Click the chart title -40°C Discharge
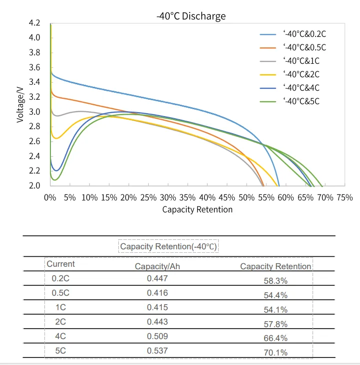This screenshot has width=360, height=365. (191, 16)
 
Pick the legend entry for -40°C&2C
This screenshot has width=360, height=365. (301, 75)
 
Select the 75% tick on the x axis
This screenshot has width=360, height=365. (345, 197)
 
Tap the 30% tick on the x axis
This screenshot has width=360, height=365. (168, 197)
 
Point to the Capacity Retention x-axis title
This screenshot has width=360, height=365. (197, 209)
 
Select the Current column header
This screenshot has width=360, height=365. (60, 264)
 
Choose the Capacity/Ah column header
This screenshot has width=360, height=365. (157, 266)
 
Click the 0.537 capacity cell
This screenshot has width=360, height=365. (157, 351)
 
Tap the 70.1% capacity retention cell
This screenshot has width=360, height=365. (276, 353)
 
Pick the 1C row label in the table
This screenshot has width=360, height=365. (60, 307)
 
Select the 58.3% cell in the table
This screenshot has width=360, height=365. (276, 281)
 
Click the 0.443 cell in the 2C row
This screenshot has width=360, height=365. (157, 322)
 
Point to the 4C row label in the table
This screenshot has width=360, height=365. (60, 336)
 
